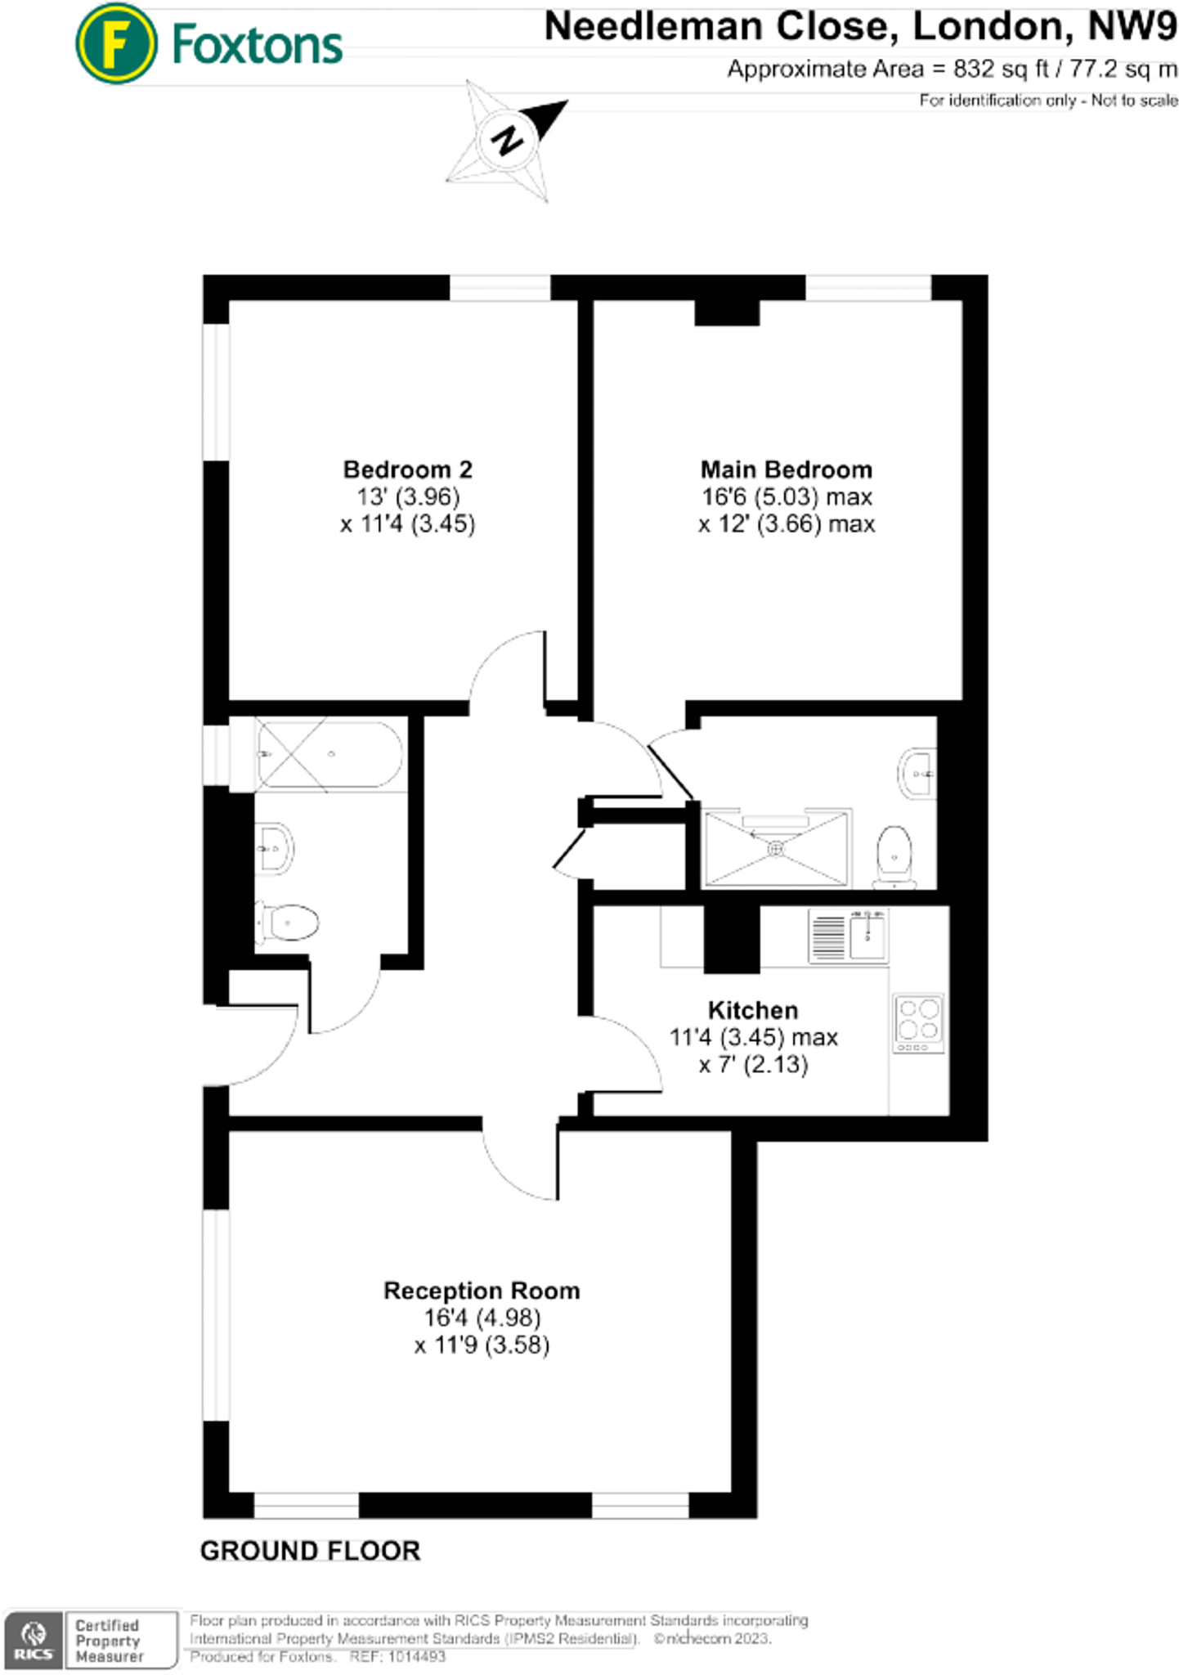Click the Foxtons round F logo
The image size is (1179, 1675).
click(x=115, y=44)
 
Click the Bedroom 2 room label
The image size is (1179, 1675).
click(x=407, y=469)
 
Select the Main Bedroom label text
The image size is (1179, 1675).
click(x=786, y=469)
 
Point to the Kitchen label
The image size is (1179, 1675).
click(x=752, y=1009)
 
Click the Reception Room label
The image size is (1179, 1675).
click(x=482, y=1291)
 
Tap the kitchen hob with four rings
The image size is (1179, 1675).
click(x=918, y=1022)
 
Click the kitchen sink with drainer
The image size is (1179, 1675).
click(x=848, y=936)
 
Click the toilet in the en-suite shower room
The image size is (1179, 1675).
click(x=894, y=855)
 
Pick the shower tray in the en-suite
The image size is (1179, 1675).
click(x=776, y=848)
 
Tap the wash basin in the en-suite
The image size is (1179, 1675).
click(x=919, y=772)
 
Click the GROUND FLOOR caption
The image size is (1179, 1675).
click(x=310, y=1551)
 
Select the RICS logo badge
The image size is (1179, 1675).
click(x=34, y=1640)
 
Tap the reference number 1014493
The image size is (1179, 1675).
click(x=417, y=1656)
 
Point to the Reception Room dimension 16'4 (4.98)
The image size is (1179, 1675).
click(x=482, y=1318)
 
